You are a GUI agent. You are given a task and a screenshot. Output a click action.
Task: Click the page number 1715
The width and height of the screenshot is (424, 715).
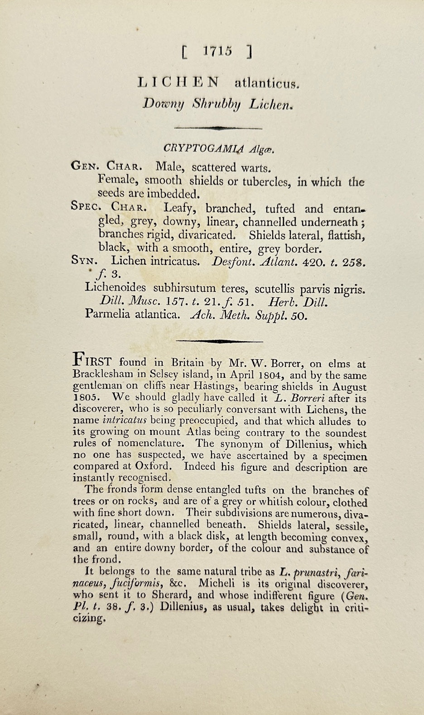217,51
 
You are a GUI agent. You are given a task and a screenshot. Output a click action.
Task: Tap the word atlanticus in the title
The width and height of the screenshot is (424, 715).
265,83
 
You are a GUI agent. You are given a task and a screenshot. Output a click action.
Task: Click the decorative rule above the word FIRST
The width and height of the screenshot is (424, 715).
219,341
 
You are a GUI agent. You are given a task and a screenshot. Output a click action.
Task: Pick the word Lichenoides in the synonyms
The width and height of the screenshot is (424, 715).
116,288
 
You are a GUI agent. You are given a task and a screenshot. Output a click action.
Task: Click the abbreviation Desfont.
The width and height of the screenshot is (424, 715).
234,262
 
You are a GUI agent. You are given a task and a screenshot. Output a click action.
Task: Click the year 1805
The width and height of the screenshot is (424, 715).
86,398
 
